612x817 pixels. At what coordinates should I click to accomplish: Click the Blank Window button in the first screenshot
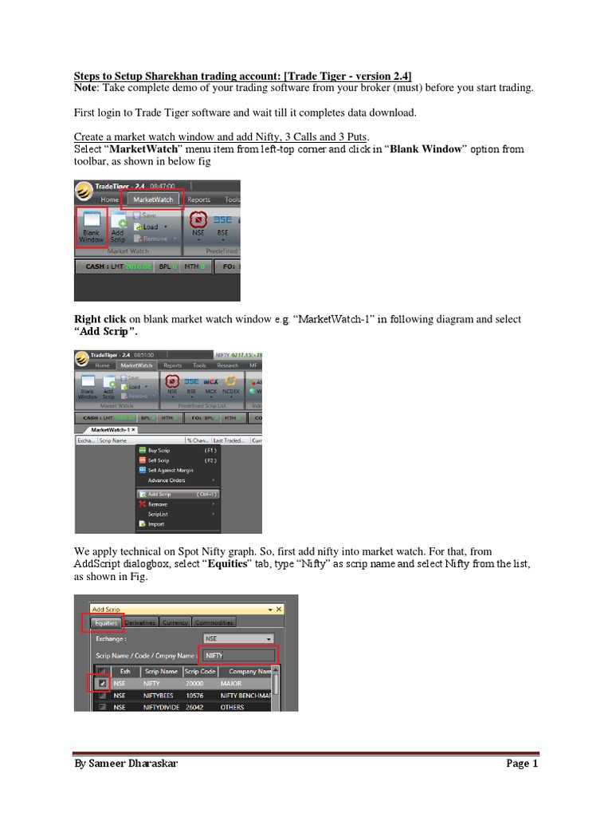point(90,227)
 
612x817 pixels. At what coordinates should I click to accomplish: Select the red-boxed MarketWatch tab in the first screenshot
point(153,199)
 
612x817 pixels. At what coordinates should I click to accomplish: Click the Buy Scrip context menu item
point(159,450)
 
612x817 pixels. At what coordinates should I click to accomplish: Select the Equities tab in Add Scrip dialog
point(106,622)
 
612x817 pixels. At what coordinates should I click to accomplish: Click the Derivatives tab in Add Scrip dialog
point(140,622)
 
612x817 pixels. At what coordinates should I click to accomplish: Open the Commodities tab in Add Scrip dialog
point(214,622)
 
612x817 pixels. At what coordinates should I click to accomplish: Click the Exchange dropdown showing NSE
point(238,638)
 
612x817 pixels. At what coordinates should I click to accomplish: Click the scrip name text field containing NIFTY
point(237,655)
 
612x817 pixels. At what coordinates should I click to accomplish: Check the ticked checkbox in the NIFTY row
point(103,684)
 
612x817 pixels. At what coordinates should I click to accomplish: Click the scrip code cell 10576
point(196,695)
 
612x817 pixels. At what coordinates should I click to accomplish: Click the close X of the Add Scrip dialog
point(278,610)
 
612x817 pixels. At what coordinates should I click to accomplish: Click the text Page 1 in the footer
point(522,764)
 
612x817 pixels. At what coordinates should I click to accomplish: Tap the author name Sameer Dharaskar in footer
point(127,764)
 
